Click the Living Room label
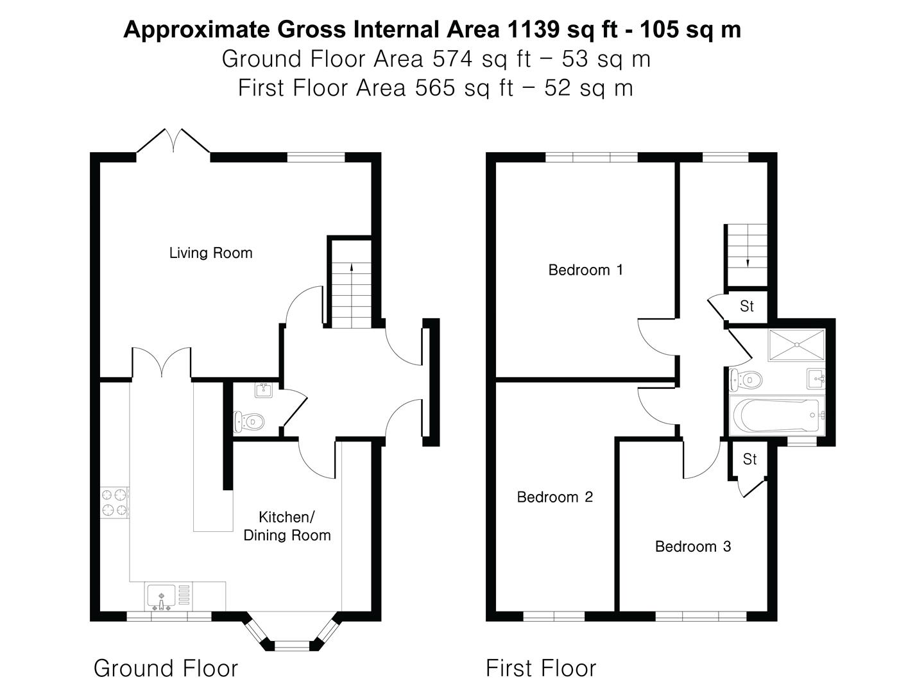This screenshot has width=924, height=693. (210, 253)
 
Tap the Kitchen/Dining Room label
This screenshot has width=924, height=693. (287, 526)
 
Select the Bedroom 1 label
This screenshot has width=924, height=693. (585, 270)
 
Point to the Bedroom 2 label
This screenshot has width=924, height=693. (554, 497)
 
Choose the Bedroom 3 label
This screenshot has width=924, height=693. (692, 547)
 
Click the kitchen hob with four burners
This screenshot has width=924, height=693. (115, 502)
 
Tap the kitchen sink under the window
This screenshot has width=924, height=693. (160, 597)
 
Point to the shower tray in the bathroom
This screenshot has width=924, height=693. (796, 345)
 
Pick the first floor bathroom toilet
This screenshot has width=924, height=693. (744, 380)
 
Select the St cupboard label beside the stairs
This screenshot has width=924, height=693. (746, 307)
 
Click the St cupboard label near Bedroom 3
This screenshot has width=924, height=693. (749, 459)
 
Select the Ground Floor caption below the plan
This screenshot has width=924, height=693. (166, 669)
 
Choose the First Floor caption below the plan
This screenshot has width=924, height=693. (540, 669)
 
